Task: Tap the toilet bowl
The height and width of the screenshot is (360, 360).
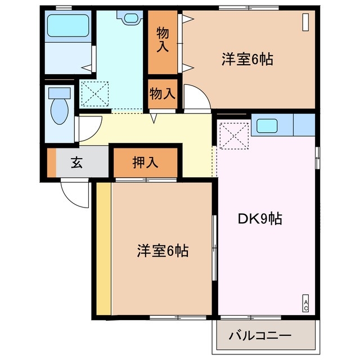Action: [x=58, y=110]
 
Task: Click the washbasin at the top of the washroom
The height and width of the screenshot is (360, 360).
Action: [x=131, y=18]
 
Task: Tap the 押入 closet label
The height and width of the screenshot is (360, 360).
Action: [x=145, y=163]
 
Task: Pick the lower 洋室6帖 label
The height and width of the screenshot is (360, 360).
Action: [x=163, y=250]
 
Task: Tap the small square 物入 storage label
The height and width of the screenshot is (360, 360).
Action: [x=163, y=93]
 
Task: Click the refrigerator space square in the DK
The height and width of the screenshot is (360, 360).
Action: [x=233, y=137]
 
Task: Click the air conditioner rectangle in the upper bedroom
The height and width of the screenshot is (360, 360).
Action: [x=305, y=21]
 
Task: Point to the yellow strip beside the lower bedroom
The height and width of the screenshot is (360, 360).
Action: [x=103, y=247]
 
